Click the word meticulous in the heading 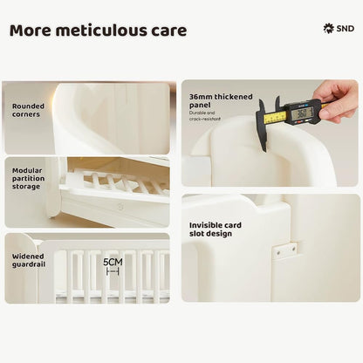coord(102,31)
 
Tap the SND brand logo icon coord(329,29)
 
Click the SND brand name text coord(346,29)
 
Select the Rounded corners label coord(28,110)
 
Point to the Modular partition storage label coord(28,178)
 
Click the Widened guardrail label coord(29,260)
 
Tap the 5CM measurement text coord(113,262)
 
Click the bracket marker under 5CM coord(113,271)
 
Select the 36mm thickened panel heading coord(221,100)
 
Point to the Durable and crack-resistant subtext coord(205,116)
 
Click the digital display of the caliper coord(303,113)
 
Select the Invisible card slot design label coord(216,229)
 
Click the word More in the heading coord(31,31)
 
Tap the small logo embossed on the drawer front coord(120,207)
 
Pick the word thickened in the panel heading coord(233,97)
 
